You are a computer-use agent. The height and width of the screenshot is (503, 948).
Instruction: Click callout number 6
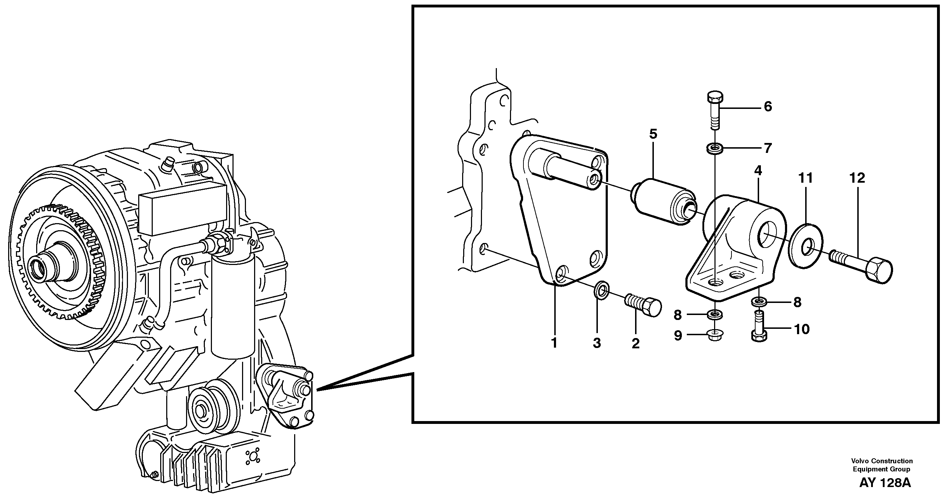(768, 107)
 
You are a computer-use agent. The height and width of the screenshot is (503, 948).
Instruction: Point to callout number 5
(653, 134)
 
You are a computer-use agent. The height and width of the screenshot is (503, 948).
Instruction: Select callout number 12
(857, 178)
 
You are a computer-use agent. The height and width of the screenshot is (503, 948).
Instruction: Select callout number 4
(758, 171)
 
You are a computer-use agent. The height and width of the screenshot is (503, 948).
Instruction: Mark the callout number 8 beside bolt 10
(797, 302)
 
